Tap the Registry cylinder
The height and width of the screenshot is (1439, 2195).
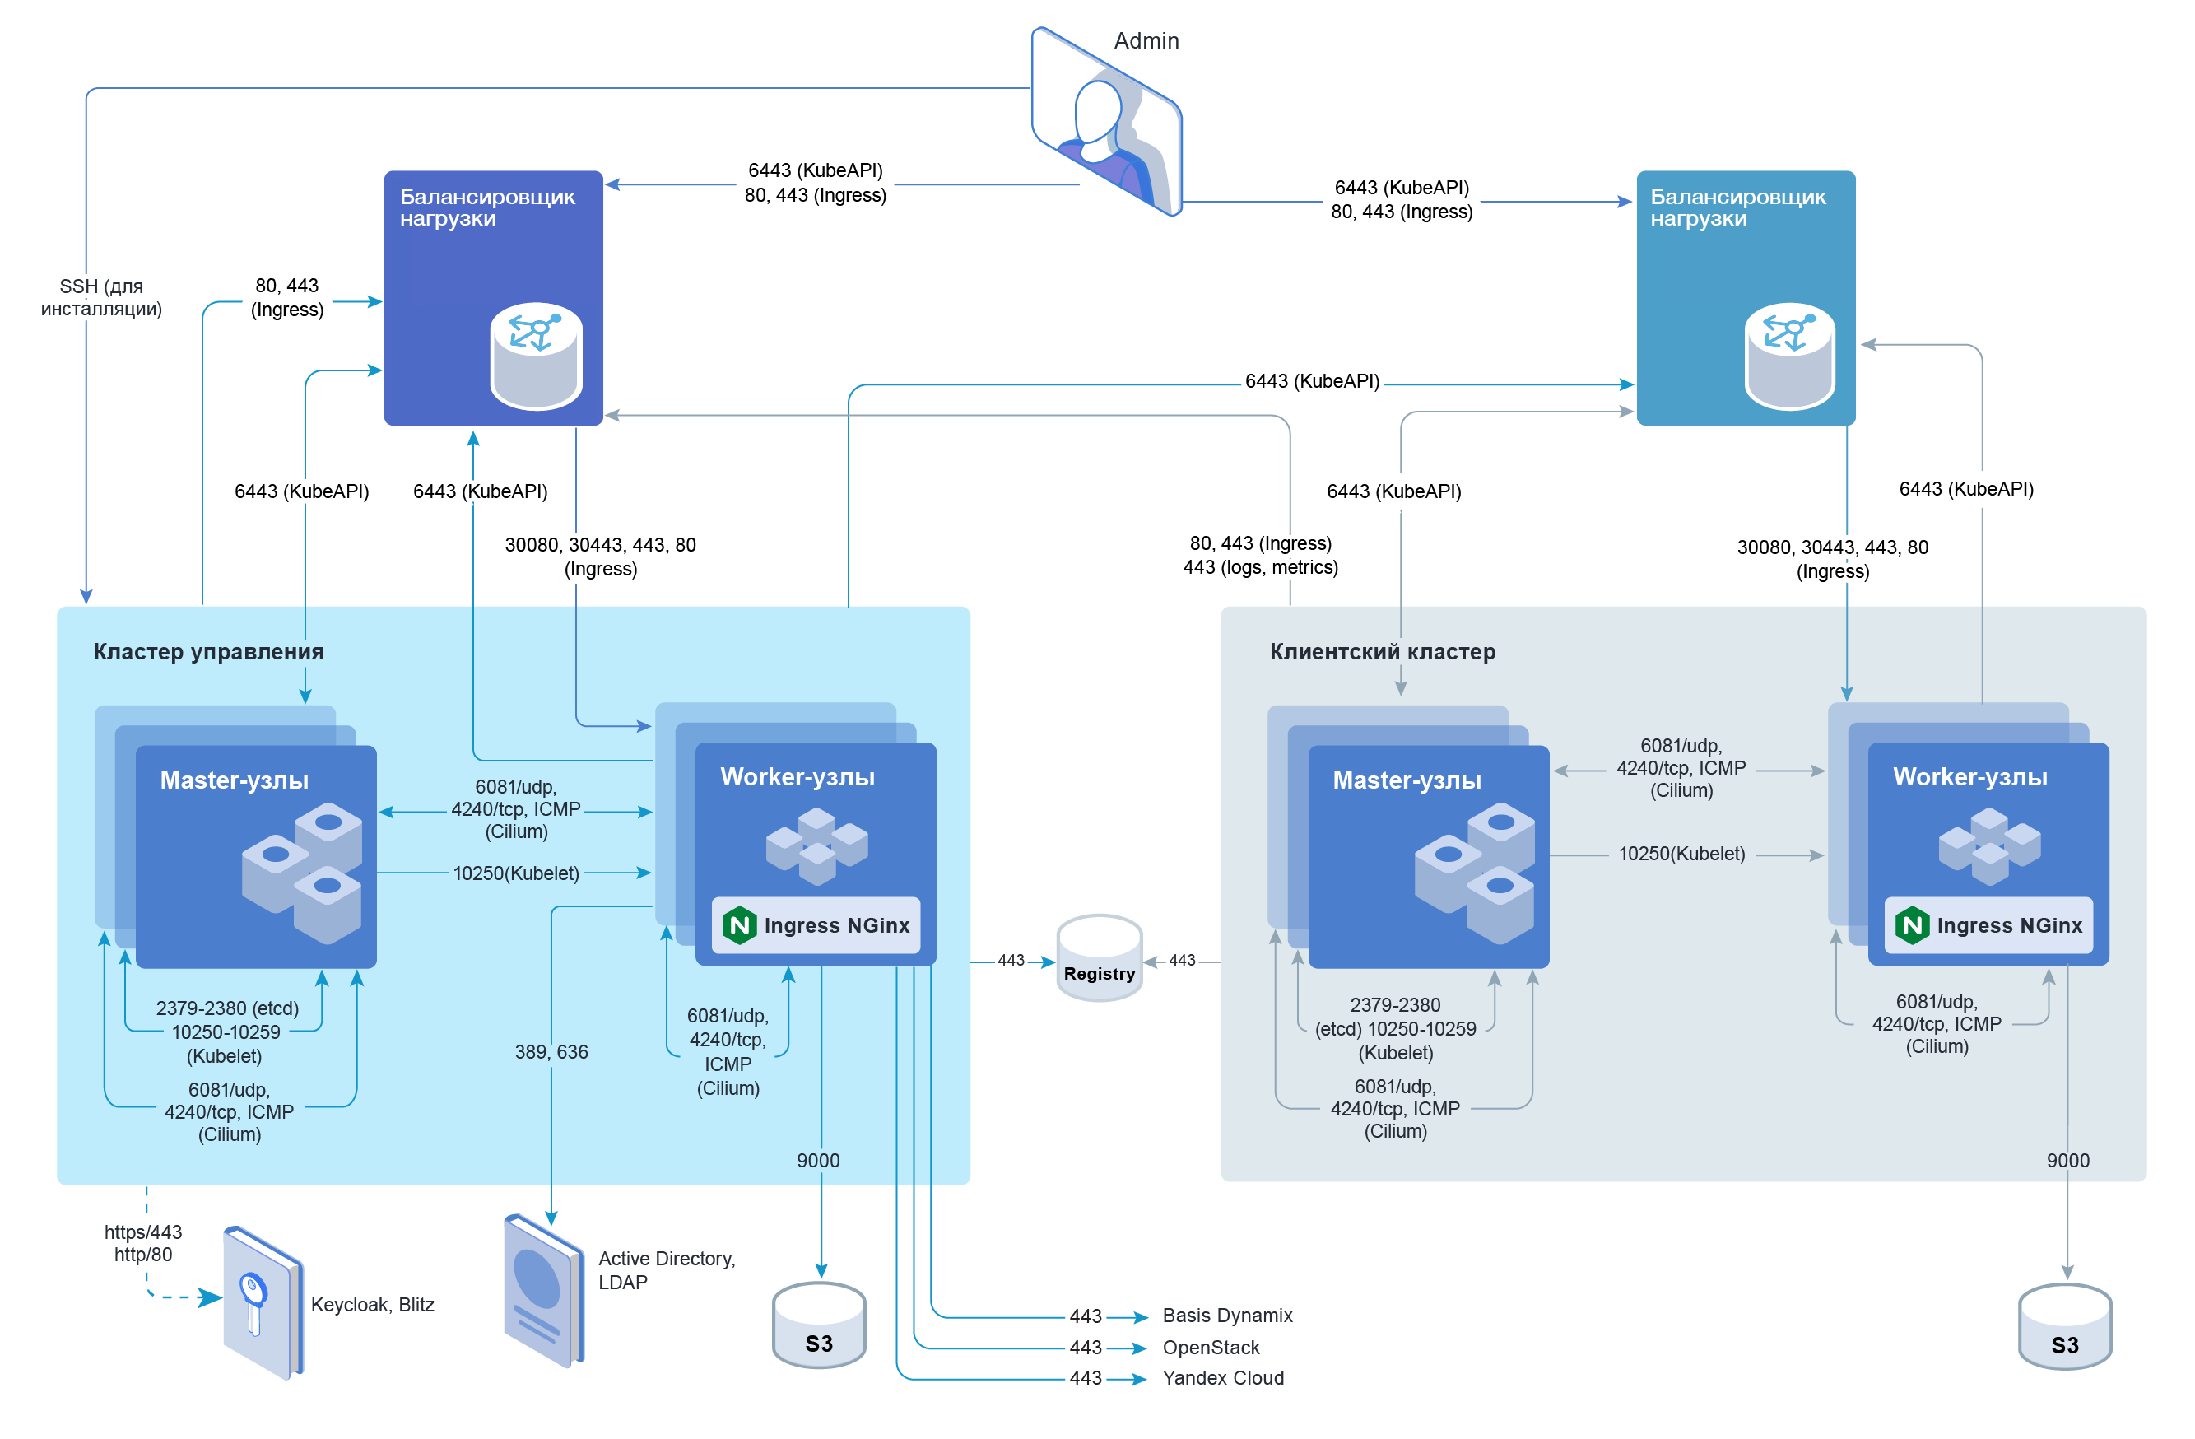point(1099,958)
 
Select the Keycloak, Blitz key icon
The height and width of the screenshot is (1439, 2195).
point(263,1302)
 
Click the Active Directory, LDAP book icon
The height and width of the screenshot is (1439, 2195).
point(543,1291)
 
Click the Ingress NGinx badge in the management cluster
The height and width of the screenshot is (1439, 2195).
point(816,925)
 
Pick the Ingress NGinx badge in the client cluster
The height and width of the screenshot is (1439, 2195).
point(1988,925)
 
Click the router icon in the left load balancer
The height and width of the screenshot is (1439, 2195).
point(536,355)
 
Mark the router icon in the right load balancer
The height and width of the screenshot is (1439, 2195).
point(1789,355)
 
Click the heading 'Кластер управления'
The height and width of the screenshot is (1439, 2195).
point(208,651)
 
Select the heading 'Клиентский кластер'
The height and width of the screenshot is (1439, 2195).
point(1382,651)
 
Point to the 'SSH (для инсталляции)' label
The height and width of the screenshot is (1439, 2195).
point(100,297)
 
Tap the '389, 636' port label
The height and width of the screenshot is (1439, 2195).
point(551,1051)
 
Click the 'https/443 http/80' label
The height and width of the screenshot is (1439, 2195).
point(143,1242)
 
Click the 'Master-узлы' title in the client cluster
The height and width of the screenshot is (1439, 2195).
point(1407,780)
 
